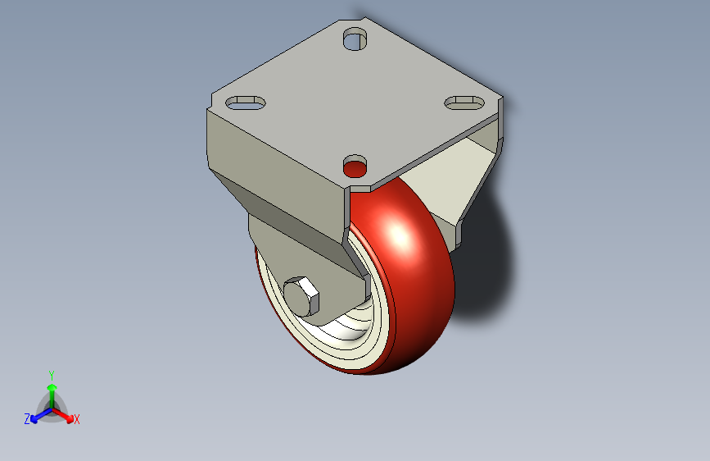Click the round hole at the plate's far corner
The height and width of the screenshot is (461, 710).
(355, 39)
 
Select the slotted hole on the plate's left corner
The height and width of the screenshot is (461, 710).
(245, 103)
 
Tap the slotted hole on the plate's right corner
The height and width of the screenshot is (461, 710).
(464, 103)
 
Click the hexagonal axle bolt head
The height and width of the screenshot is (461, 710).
(301, 296)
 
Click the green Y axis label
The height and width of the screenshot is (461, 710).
(52, 376)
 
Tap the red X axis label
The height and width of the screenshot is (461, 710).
(76, 420)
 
